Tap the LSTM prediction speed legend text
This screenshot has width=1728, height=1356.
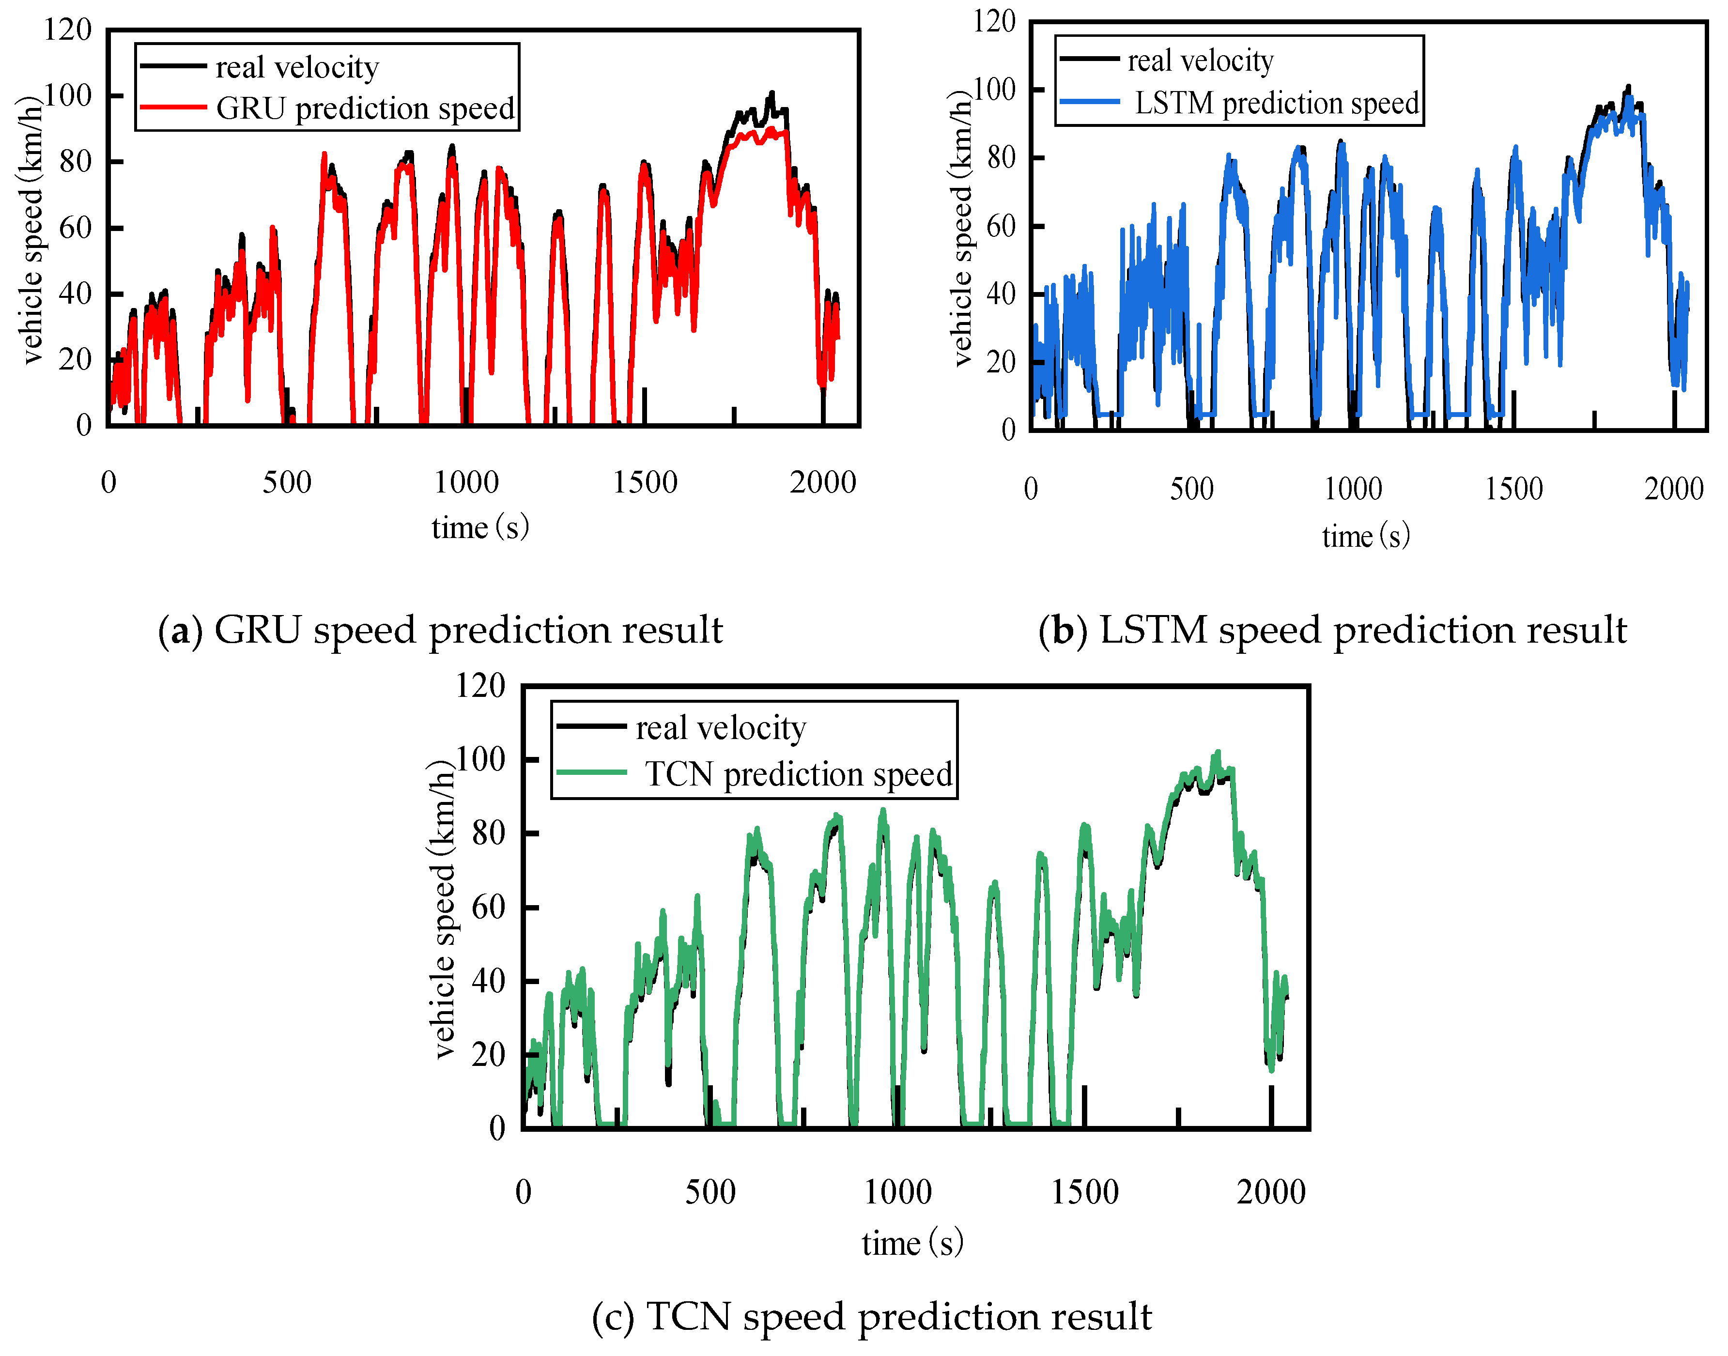pos(1276,103)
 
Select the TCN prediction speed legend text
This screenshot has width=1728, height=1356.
pos(798,774)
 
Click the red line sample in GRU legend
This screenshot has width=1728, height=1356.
pos(173,107)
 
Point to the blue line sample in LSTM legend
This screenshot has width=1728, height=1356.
pos(1089,102)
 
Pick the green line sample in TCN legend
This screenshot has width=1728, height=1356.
pos(591,771)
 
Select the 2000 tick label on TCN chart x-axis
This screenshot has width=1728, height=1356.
pos(1270,1192)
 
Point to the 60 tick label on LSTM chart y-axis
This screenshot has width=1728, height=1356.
pos(1001,226)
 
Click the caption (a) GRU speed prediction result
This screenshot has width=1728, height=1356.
pos(441,631)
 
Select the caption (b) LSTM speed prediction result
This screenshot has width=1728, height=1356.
pos(1332,631)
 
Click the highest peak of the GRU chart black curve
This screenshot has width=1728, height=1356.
pos(771,93)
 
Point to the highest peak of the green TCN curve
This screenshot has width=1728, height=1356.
pos(1218,752)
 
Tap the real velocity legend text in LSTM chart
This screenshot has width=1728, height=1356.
pos(1200,61)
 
